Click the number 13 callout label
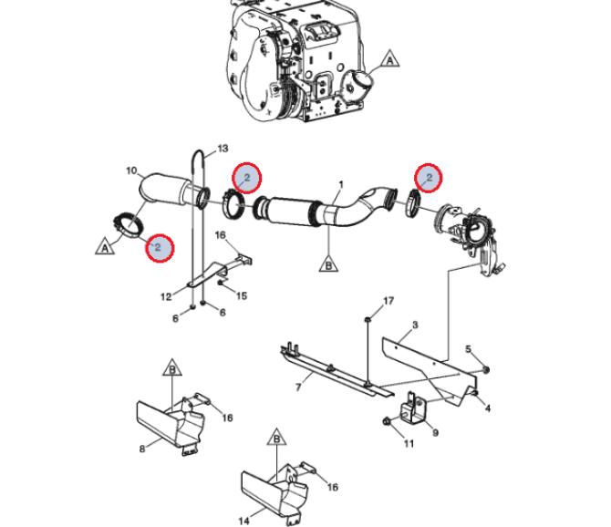[x=223, y=149]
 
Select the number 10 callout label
[x=131, y=170]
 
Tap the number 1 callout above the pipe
[x=341, y=184]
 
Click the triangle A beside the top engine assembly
[x=389, y=59]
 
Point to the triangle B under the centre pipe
[x=328, y=263]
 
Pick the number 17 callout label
[x=388, y=301]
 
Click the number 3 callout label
[x=415, y=325]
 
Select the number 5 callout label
[x=468, y=348]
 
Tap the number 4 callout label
[x=488, y=408]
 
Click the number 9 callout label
[x=435, y=432]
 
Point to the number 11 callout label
[x=409, y=443]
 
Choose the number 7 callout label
[x=298, y=387]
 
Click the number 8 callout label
[x=142, y=449]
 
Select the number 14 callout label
[x=243, y=521]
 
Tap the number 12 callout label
[x=166, y=297]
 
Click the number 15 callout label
[x=241, y=296]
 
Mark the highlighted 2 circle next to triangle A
[x=159, y=248]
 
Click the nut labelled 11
[x=387, y=420]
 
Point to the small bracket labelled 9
[x=413, y=409]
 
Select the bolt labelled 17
[x=368, y=320]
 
